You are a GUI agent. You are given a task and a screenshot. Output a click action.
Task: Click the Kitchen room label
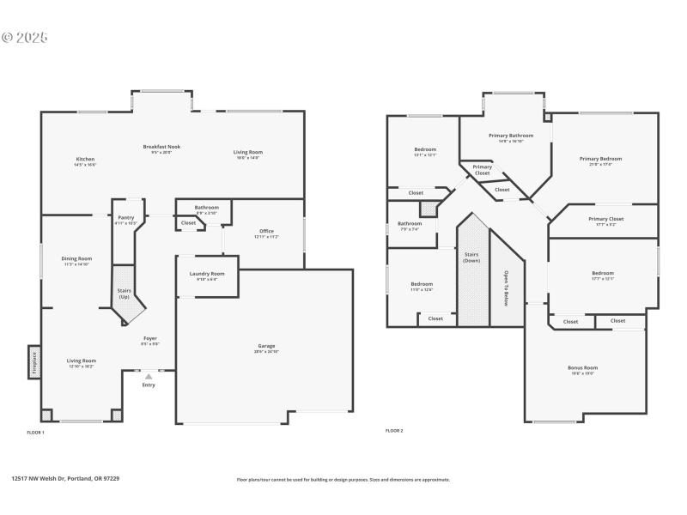pyautogui.click(x=85, y=160)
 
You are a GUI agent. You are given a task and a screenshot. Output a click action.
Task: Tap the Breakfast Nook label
pyautogui.click(x=161, y=147)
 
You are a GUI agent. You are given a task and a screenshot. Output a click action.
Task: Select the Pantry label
pyautogui.click(x=125, y=218)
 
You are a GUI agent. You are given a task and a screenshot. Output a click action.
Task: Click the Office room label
pyautogui.click(x=266, y=231)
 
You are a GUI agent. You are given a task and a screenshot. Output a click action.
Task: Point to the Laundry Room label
pyautogui.click(x=206, y=274)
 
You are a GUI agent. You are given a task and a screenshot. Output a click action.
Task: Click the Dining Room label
pyautogui.click(x=76, y=258)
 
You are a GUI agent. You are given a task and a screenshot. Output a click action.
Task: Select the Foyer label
pyautogui.click(x=149, y=339)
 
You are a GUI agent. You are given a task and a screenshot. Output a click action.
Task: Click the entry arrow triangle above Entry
pyautogui.click(x=149, y=376)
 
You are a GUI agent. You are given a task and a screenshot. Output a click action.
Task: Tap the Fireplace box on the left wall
pyautogui.click(x=33, y=361)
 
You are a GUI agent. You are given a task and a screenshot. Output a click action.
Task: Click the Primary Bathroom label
pyautogui.click(x=511, y=136)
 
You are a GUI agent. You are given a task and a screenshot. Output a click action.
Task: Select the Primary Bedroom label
pyautogui.click(x=600, y=159)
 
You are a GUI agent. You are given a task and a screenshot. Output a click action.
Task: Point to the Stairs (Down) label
pyautogui.click(x=471, y=257)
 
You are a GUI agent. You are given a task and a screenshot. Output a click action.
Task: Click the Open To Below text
pyautogui.click(x=506, y=288)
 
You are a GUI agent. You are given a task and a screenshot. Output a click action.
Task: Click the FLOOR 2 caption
pyautogui.click(x=394, y=430)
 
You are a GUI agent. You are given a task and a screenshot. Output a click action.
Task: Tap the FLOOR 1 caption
pyautogui.click(x=36, y=432)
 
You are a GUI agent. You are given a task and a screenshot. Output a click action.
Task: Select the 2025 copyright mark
pyautogui.click(x=25, y=38)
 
